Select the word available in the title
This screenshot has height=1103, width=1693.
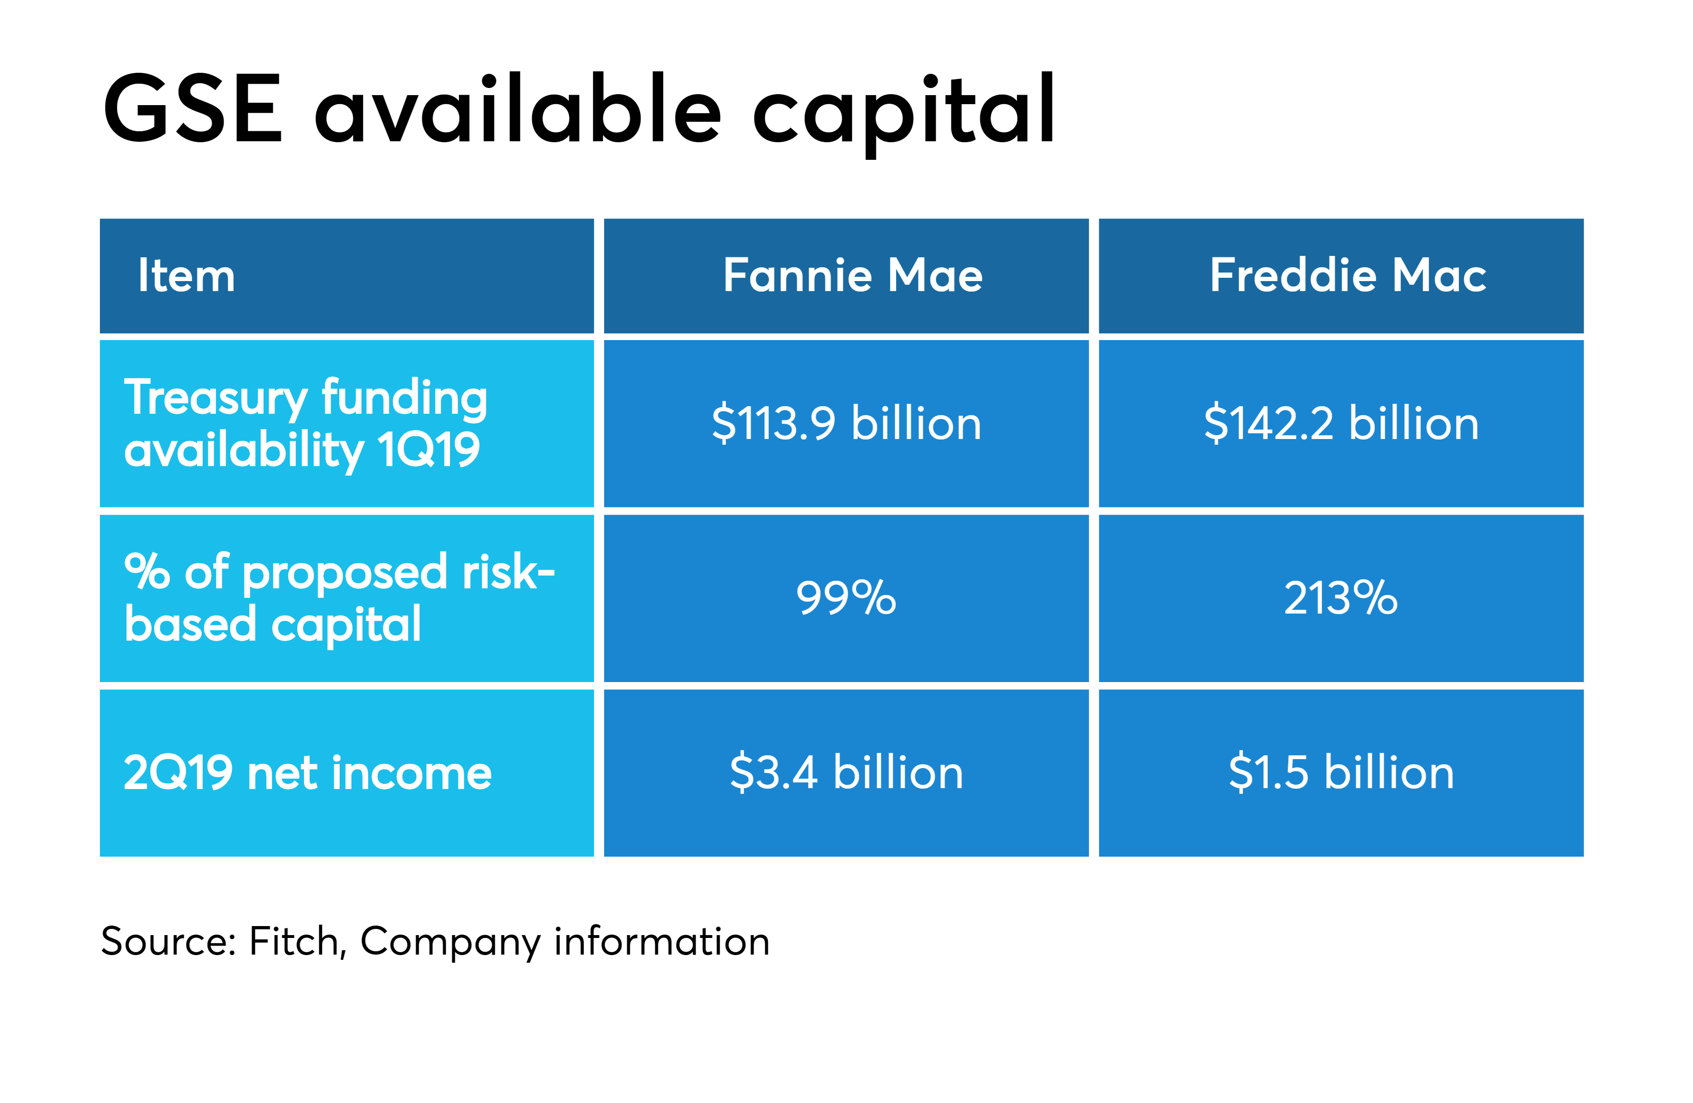[518, 107]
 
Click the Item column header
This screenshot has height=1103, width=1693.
[186, 275]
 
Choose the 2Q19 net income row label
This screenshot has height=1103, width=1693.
[307, 773]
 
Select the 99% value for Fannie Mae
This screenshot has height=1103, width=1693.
[846, 597]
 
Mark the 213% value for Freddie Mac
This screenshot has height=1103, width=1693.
[1341, 597]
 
